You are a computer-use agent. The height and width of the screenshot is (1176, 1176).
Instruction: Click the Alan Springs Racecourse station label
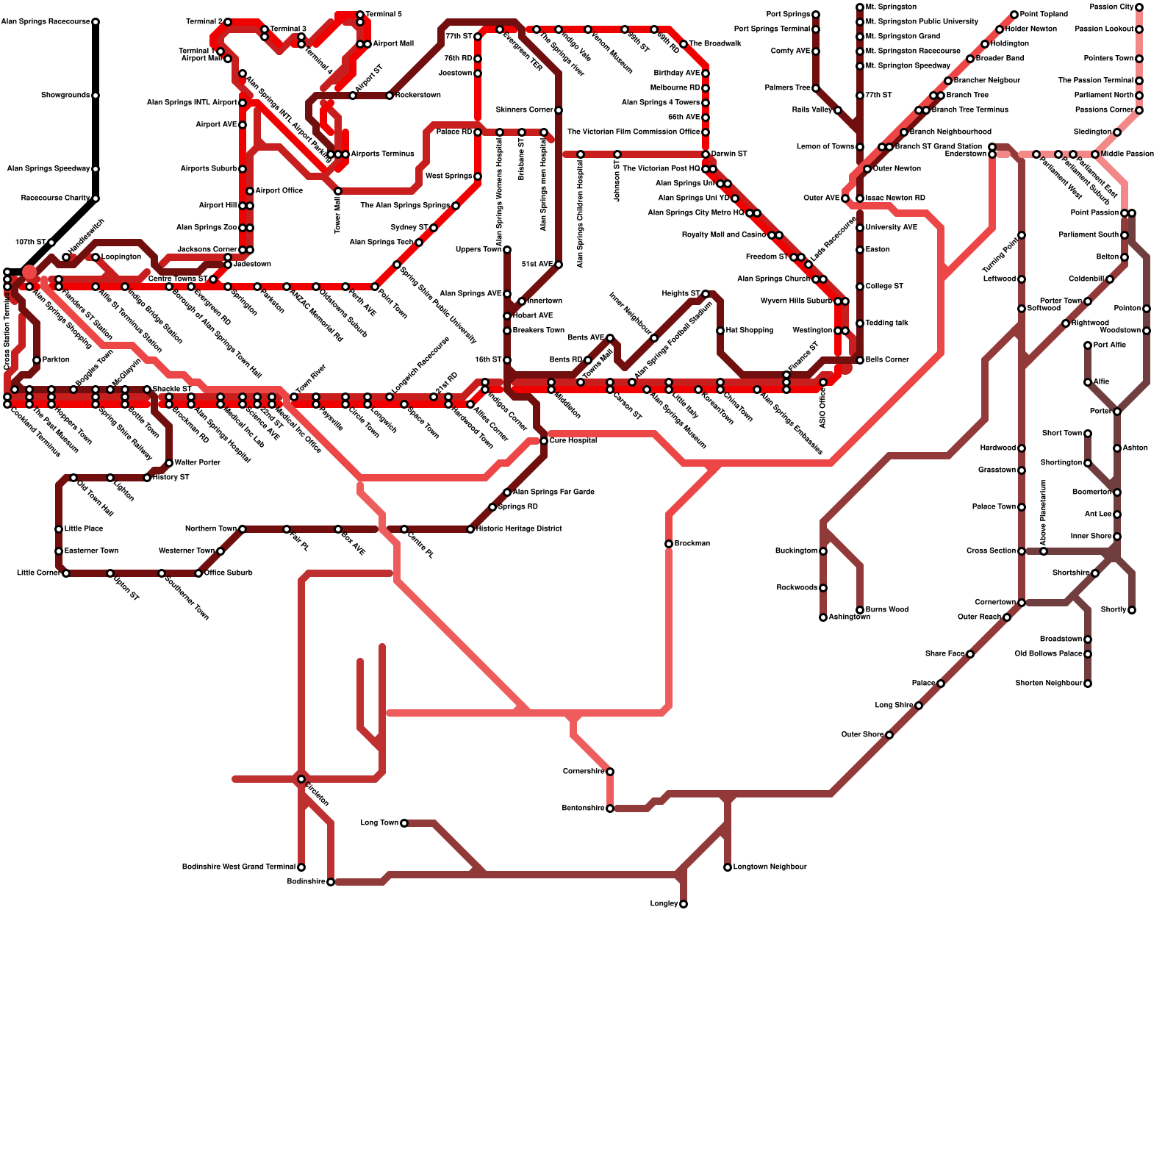coord(46,22)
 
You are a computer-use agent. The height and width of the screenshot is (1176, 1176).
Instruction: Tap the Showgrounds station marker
coord(96,96)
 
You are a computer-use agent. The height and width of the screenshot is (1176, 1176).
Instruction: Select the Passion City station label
coord(1111,7)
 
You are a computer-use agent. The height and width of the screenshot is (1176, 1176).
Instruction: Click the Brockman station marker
coord(669,544)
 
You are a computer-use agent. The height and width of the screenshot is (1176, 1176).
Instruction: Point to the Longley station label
coord(664,904)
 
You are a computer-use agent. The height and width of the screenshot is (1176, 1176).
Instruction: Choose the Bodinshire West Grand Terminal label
coord(239,867)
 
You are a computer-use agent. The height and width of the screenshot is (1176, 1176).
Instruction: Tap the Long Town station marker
coord(404,823)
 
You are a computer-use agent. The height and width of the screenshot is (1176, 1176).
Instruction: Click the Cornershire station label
coord(584,772)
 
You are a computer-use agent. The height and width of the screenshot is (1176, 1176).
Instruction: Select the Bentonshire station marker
coord(610,808)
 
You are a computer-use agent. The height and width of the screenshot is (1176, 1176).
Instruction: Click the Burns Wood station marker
coord(860,610)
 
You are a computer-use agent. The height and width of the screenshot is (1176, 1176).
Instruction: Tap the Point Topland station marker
coord(1014,15)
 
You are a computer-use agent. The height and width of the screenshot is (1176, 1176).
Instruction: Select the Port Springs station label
coord(788,15)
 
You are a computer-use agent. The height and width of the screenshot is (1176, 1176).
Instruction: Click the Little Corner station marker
coord(66,573)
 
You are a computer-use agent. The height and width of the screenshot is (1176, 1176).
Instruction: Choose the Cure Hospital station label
coord(573,441)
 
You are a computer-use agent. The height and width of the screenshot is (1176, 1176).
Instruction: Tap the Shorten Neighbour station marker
coord(1088,684)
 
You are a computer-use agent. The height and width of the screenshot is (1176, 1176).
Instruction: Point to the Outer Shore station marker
coord(889,735)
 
